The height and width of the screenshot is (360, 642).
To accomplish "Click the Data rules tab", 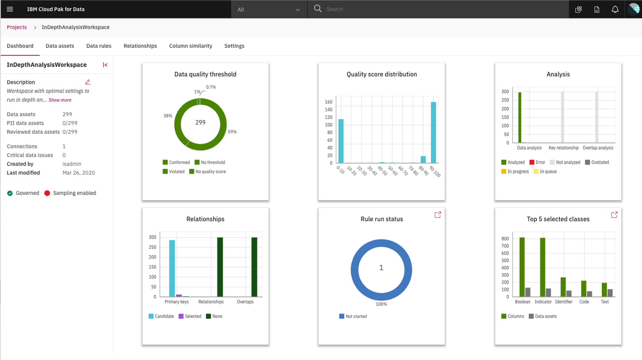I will click(99, 46).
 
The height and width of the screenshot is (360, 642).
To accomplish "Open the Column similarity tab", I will click(191, 46).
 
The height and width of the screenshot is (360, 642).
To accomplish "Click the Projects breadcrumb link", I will click(17, 27).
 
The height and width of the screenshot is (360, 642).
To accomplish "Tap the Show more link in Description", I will click(60, 100).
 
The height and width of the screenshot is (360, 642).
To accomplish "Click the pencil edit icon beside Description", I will click(88, 82).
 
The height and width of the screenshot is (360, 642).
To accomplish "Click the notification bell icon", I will click(615, 9).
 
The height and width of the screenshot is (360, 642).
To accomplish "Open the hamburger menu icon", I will click(10, 9).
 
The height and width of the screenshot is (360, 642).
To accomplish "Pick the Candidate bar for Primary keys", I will click(172, 268).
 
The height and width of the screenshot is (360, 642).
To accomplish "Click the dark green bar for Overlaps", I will click(254, 267).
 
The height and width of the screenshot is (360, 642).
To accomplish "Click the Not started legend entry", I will click(353, 316).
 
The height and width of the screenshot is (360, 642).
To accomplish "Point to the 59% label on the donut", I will click(232, 132).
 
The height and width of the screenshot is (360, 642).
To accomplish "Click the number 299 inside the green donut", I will click(200, 123).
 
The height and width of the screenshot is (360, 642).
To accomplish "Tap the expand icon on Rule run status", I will click(438, 215).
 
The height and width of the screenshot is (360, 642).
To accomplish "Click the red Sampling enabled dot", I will click(47, 193).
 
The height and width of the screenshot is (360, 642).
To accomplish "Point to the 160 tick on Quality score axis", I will click(328, 102).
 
